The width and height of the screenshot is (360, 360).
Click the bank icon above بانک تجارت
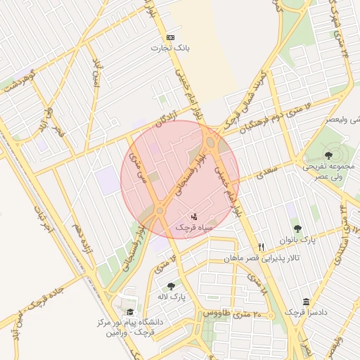170,37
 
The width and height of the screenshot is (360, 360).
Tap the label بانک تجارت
170,48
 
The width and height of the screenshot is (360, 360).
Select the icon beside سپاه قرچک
194,215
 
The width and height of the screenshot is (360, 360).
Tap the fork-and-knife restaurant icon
261,247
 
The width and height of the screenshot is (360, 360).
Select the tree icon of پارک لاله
172,286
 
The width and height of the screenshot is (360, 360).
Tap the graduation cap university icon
130,312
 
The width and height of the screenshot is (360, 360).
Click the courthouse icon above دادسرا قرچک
306,301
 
